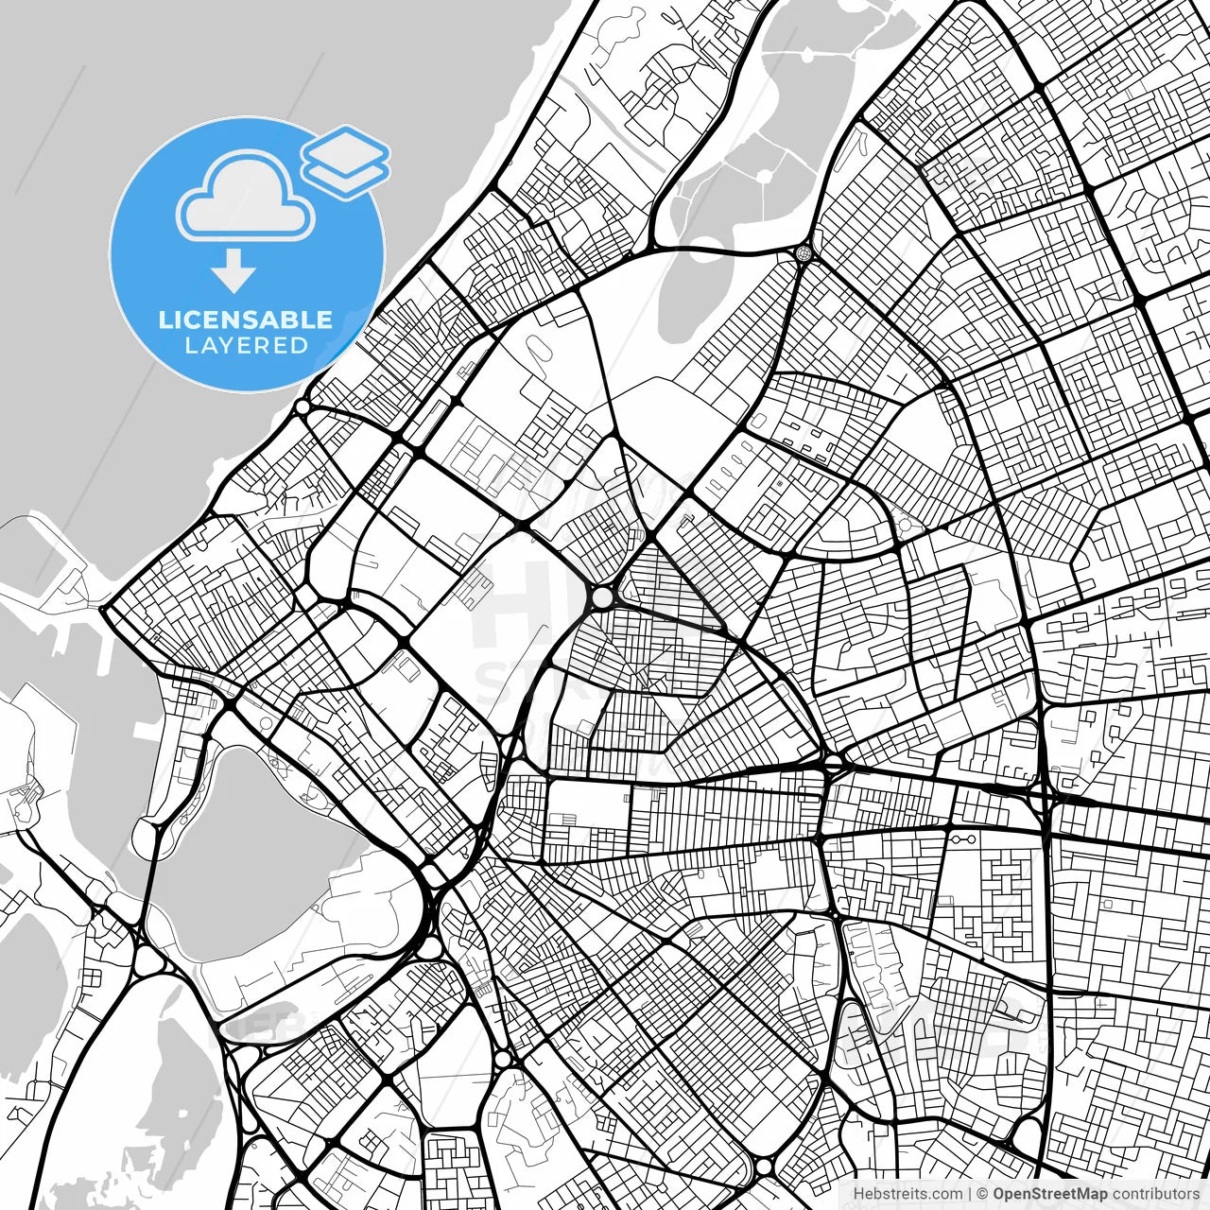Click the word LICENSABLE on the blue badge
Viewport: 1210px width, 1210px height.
tap(246, 320)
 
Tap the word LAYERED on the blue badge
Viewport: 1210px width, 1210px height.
tap(246, 345)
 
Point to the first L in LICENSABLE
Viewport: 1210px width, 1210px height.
tap(164, 320)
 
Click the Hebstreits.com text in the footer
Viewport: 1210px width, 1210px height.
tap(907, 1194)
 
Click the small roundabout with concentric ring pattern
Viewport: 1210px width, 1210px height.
tap(804, 252)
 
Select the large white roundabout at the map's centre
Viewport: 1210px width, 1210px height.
tap(602, 597)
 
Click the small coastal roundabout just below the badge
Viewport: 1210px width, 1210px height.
tap(302, 407)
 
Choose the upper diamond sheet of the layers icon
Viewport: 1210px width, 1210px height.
tap(345, 149)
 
